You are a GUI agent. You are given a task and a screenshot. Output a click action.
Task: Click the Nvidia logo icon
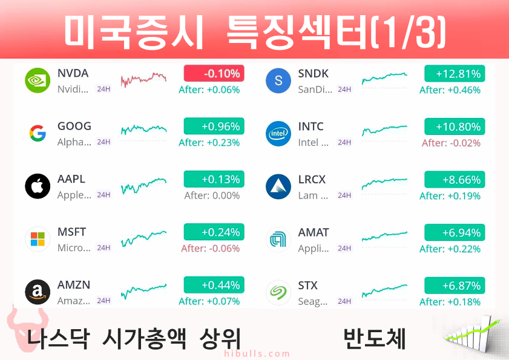coord(38,80)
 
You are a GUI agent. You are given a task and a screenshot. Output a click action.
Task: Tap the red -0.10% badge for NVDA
coord(214,73)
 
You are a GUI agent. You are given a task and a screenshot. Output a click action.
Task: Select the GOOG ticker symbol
coord(74,126)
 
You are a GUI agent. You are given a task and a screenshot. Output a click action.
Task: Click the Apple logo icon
coord(38,186)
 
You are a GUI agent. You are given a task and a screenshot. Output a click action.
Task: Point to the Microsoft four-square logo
coord(38,239)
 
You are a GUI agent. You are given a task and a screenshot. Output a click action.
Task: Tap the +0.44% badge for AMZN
coord(214,285)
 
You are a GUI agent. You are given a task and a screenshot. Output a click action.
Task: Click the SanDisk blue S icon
coord(278,80)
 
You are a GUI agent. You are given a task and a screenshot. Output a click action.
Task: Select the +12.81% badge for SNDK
coord(455,74)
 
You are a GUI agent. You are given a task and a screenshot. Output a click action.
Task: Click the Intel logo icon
coord(278,134)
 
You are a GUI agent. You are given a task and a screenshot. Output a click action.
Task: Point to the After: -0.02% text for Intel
coord(451,143)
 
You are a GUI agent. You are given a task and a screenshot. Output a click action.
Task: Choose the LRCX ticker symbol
coord(312,180)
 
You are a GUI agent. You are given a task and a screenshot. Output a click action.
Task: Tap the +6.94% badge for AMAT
coord(455,232)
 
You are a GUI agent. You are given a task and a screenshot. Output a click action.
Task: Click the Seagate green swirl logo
coord(278,292)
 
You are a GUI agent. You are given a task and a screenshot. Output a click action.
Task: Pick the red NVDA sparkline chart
coord(143,79)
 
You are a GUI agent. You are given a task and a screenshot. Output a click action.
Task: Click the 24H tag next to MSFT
coord(103,247)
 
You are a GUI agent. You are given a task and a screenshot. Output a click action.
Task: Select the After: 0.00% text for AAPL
coord(212,195)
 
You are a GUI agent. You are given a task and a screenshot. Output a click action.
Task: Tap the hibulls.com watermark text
coord(257,353)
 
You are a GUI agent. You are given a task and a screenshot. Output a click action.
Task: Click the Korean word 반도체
coord(374,339)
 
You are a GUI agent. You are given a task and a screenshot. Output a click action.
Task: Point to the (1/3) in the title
coord(409,32)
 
